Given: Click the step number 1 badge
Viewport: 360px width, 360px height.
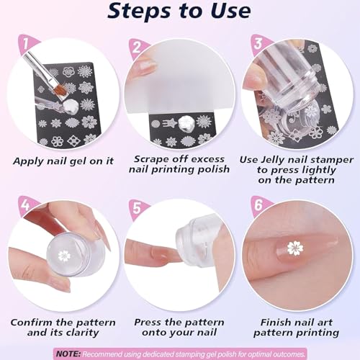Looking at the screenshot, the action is pyautogui.click(x=27, y=45).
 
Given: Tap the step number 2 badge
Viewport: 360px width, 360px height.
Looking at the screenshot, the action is pyautogui.click(x=138, y=48).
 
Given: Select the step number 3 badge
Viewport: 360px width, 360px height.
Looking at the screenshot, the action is pyautogui.click(x=258, y=44).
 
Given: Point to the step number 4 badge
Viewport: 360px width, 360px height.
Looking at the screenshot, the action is pyautogui.click(x=27, y=206).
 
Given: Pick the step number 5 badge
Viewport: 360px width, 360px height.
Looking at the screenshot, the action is pyautogui.click(x=138, y=208).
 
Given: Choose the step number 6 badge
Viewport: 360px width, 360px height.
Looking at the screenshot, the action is pyautogui.click(x=258, y=206).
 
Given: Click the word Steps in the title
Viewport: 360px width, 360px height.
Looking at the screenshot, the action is pyautogui.click(x=139, y=12).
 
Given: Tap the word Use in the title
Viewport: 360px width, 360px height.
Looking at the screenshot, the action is pyautogui.click(x=230, y=11).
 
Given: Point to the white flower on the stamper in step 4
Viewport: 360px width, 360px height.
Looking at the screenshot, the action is pyautogui.click(x=64, y=256).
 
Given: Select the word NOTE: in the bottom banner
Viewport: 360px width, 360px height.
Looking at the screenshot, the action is pyautogui.click(x=68, y=354).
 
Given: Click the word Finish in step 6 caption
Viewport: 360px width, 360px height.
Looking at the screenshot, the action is pyautogui.click(x=275, y=322).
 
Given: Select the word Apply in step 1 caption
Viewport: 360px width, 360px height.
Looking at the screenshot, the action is pyautogui.click(x=28, y=161).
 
